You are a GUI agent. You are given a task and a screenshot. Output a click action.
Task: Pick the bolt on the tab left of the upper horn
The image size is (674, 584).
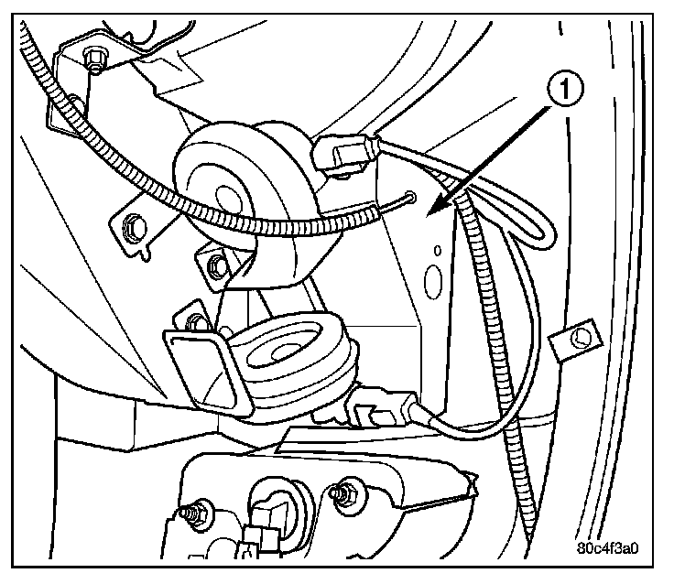pos(133,222)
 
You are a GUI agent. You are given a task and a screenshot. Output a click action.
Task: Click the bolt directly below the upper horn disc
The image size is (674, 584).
pos(216,266)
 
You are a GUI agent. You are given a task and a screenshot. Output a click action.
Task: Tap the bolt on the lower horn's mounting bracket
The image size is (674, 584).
pos(194,321)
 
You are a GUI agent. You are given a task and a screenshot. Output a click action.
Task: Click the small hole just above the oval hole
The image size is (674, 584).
pos(438,247)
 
